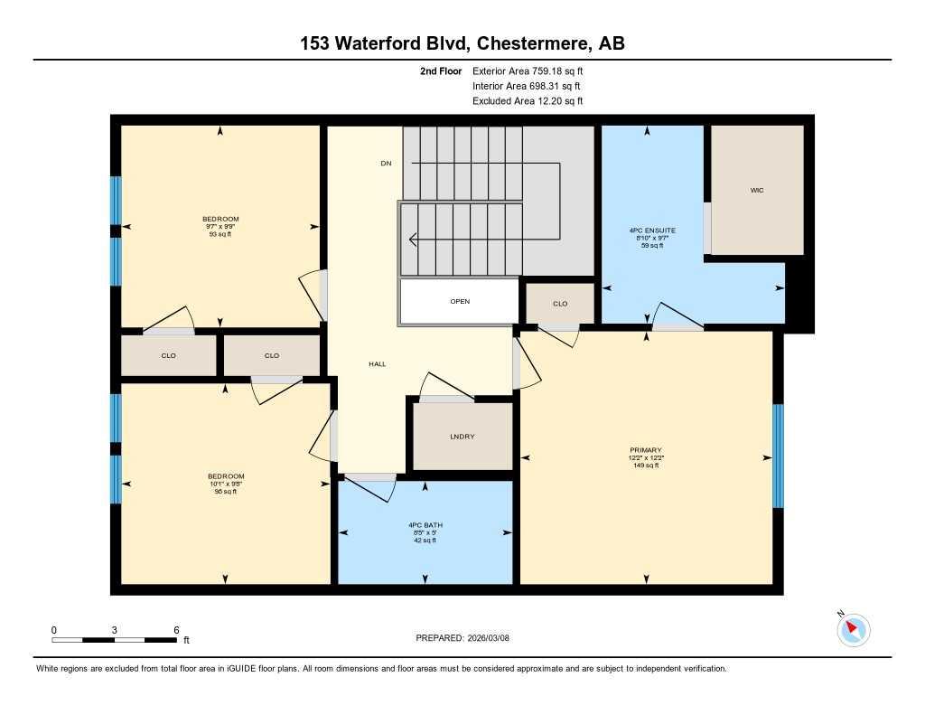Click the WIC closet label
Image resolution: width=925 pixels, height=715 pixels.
point(757,191)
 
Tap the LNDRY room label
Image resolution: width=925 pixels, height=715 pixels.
point(462,437)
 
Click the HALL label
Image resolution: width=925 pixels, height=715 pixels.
point(377,363)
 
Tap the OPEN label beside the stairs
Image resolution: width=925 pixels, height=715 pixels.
point(460,302)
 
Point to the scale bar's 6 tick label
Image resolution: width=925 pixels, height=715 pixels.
point(176,629)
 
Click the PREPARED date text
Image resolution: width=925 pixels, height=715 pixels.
point(468,638)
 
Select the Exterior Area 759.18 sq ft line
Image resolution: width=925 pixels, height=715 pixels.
point(534,71)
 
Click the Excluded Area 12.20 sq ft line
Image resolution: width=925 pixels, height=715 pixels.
point(528,101)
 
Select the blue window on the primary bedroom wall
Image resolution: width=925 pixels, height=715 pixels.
point(778,456)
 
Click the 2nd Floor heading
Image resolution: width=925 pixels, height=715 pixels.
point(441,71)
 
